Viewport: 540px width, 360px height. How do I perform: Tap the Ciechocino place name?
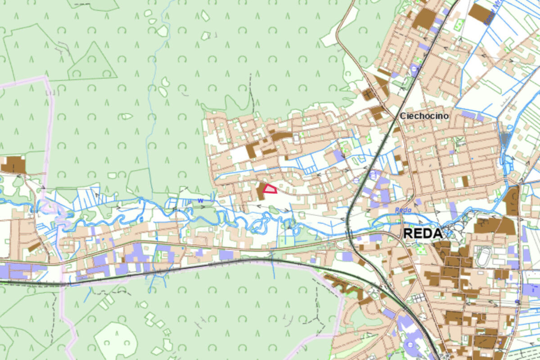424,116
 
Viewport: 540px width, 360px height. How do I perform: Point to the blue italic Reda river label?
403,210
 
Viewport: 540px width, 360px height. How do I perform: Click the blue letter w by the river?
201,200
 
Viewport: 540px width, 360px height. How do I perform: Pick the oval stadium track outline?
484,257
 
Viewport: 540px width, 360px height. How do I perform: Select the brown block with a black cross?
368,94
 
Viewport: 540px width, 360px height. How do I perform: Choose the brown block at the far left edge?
13,165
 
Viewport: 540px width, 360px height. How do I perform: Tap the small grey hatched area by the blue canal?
505,138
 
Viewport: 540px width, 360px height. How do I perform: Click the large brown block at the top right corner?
480,13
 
